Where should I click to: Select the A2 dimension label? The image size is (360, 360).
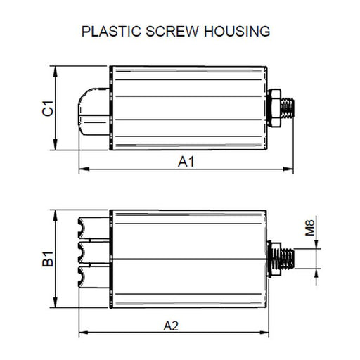click(172, 325)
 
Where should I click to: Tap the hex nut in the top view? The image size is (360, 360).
click(275, 109)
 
